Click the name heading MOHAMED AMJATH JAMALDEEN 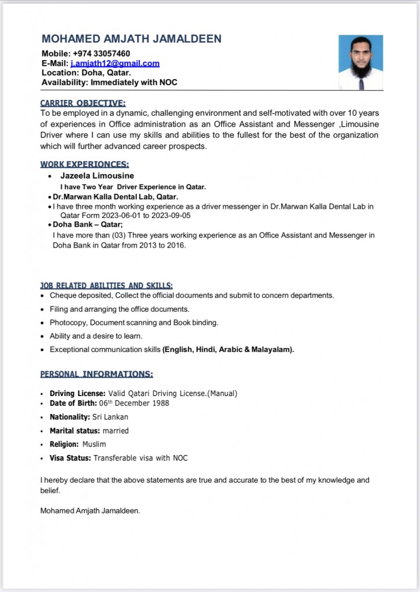[x=131, y=39]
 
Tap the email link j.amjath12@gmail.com [x=115, y=64]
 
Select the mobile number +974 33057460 [x=102, y=54]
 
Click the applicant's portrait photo [x=360, y=62]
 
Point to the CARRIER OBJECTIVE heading [x=83, y=103]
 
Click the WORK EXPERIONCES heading [x=84, y=164]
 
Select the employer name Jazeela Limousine [x=97, y=176]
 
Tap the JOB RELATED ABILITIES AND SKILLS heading [x=106, y=285]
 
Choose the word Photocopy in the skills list [x=68, y=323]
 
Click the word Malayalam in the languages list [x=271, y=350]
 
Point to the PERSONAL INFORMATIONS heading [x=97, y=374]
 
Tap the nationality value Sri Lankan [x=110, y=417]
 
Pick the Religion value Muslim [x=94, y=444]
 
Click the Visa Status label [x=70, y=458]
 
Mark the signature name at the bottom [x=90, y=510]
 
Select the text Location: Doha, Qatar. [x=86, y=73]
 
